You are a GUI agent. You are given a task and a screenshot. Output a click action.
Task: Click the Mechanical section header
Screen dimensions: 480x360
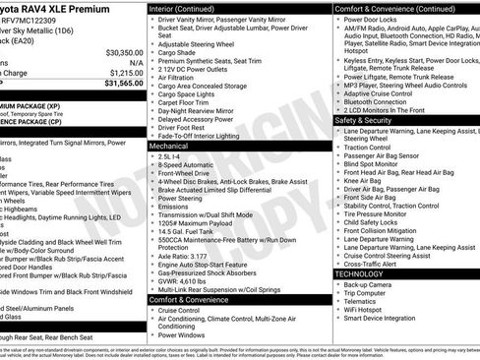click(x=169, y=145)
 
